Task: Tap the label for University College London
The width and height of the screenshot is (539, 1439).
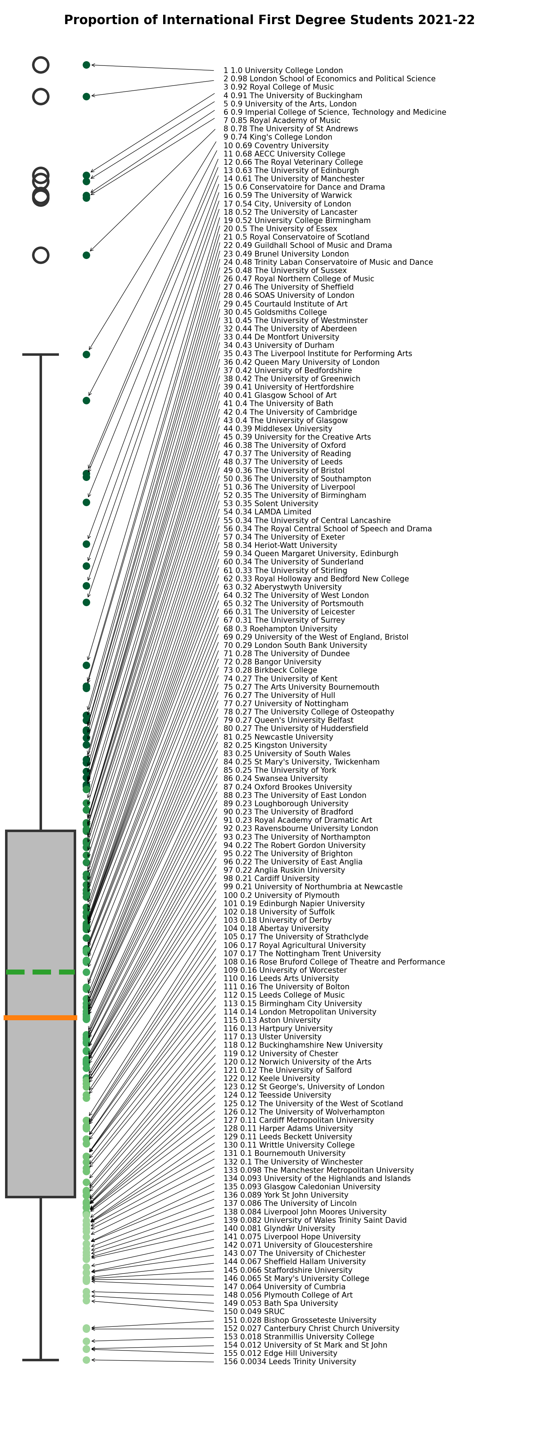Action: click(x=283, y=71)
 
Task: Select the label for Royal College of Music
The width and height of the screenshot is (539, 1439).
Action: click(x=278, y=87)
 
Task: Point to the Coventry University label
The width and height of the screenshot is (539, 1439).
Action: click(x=276, y=146)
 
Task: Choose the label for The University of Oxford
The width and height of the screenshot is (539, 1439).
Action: click(x=285, y=445)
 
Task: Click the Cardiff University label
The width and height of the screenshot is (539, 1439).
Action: click(x=271, y=879)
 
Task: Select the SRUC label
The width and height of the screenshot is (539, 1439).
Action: click(x=254, y=1312)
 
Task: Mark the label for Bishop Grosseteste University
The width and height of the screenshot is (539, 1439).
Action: click(x=300, y=1320)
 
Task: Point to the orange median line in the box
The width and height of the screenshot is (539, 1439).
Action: click(x=40, y=1018)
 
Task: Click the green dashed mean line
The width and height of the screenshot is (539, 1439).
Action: click(x=40, y=972)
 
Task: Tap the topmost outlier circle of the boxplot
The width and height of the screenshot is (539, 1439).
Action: click(x=41, y=65)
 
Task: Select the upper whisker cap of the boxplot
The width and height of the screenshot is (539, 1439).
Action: click(x=41, y=354)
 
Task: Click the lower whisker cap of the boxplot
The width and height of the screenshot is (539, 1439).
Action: click(x=41, y=1360)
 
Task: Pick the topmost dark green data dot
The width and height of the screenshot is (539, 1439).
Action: click(x=87, y=65)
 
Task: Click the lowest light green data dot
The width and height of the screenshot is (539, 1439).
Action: click(x=87, y=1360)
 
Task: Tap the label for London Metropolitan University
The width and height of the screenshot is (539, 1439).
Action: click(x=300, y=1012)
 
